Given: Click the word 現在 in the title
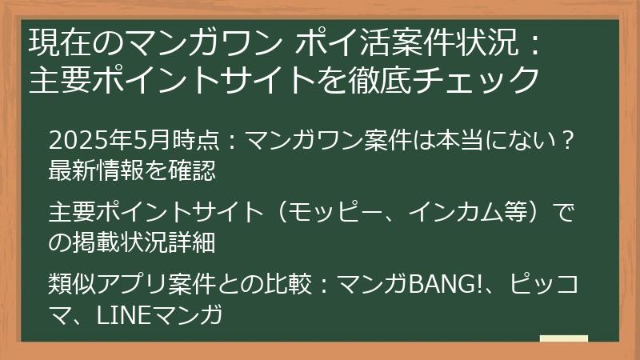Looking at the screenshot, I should (x=54, y=42).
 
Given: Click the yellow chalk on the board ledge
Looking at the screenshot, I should (x=563, y=339).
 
